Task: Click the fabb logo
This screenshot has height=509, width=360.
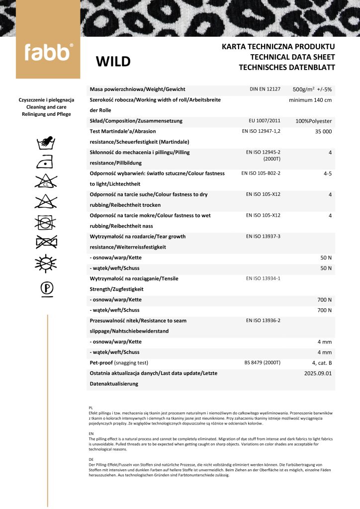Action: (48, 52)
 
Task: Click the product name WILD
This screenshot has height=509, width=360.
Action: (113, 62)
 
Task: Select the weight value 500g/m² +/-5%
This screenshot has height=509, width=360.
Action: (312, 89)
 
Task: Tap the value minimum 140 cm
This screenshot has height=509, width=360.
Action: (310, 100)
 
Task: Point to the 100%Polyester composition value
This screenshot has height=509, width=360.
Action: (313, 121)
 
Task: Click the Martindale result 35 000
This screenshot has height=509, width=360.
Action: (323, 132)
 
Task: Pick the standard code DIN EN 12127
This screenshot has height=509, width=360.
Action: (265, 89)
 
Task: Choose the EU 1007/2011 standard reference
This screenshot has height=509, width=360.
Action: (265, 121)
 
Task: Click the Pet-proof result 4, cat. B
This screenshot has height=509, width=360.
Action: (322, 363)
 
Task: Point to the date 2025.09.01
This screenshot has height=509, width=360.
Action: (317, 373)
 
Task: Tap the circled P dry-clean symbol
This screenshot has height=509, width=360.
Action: (48, 288)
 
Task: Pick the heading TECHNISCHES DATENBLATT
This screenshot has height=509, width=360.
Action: (287, 67)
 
